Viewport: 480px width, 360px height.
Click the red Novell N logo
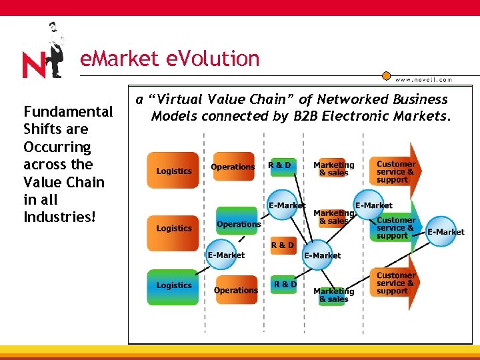click(35, 65)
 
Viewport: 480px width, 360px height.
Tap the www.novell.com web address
click(423, 79)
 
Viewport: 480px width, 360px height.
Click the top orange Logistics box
click(173, 171)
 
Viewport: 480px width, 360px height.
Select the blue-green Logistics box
click(173, 285)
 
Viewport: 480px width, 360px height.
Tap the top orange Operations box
click(233, 167)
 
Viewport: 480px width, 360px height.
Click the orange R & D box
click(282, 245)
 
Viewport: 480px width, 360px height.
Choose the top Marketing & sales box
click(333, 169)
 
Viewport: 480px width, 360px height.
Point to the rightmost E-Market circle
click(445, 231)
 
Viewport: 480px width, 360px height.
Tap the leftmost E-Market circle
click(225, 255)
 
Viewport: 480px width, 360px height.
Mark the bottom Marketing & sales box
click(333, 294)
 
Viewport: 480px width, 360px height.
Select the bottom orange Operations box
click(235, 290)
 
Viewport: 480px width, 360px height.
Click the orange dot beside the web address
click(385, 76)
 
